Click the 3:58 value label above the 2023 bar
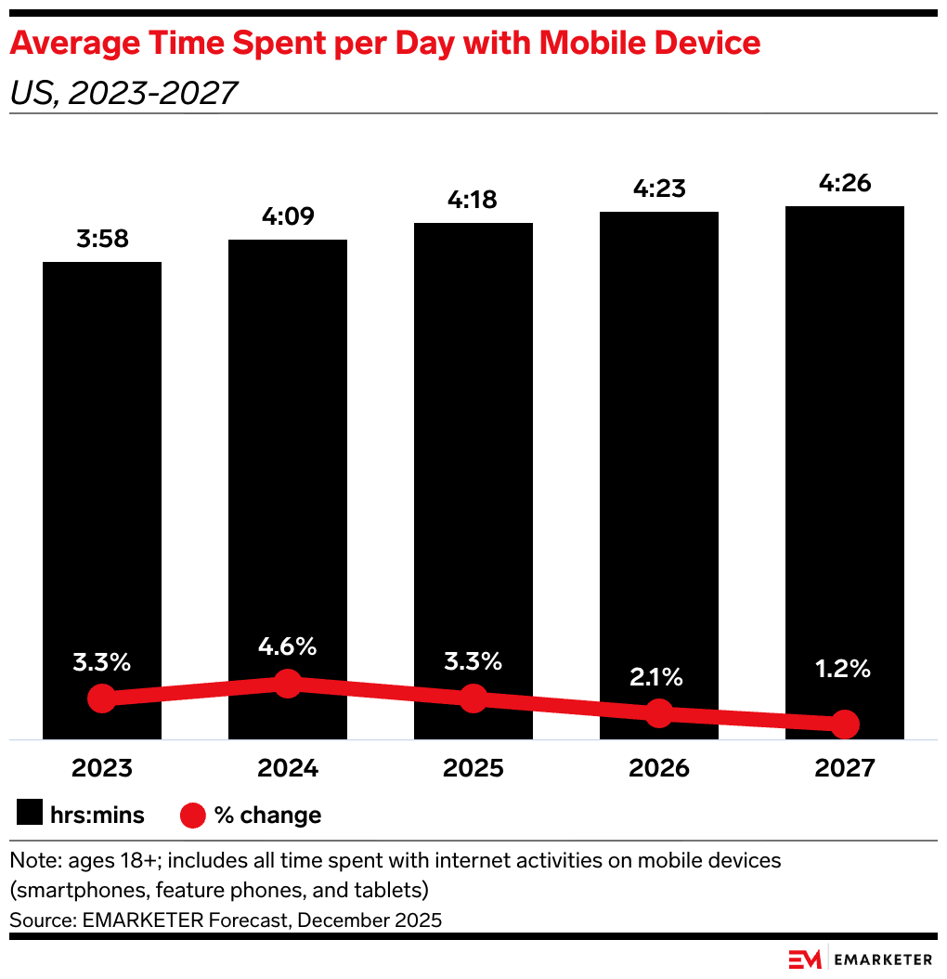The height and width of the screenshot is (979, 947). point(102,239)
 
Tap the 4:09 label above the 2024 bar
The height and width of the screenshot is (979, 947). point(288,216)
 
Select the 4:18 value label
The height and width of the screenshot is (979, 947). point(473,200)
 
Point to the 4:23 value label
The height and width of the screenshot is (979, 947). point(659,189)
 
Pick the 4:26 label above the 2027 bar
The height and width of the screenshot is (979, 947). point(845,183)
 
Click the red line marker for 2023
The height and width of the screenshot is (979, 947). point(102,698)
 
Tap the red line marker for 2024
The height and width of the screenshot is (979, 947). point(288,685)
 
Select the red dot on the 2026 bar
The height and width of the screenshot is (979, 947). point(659,713)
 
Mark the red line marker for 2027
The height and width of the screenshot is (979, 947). point(845,724)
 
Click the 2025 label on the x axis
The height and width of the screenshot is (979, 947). point(473,769)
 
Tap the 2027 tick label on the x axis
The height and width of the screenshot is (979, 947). point(845,769)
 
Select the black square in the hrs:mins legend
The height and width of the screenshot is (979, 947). point(30,815)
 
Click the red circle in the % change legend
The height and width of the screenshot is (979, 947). point(192,815)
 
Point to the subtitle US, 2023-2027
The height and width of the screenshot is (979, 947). point(123,93)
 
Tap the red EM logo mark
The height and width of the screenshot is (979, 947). point(805,959)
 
